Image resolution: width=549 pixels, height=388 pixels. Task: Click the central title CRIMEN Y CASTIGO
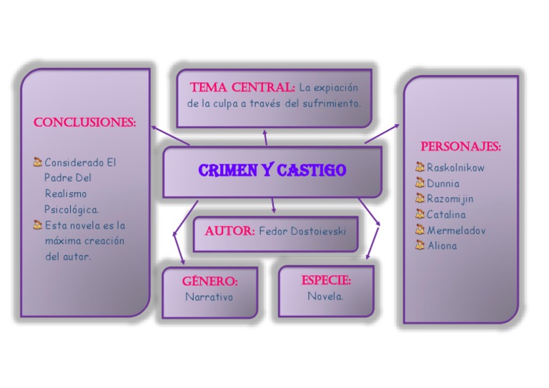[x=272, y=171]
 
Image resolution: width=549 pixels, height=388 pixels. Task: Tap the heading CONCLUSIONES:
[x=84, y=122]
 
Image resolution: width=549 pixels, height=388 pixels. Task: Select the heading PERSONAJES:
[x=460, y=146]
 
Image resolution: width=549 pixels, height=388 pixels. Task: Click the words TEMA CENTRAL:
[x=242, y=88]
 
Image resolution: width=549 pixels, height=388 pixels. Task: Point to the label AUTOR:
[x=229, y=232]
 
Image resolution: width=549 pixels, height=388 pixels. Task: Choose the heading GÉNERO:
[x=209, y=281]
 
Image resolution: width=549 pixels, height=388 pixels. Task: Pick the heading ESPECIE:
[x=326, y=280]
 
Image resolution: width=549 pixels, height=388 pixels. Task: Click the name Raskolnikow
[x=455, y=168]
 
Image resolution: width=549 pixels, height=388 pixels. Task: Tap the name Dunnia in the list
[x=443, y=184]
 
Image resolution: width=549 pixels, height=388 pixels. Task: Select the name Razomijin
[x=450, y=199]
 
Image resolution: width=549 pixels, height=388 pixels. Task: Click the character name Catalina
[x=446, y=214]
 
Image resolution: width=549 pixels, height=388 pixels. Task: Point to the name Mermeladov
[x=456, y=230]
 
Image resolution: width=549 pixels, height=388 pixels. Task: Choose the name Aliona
[x=442, y=246]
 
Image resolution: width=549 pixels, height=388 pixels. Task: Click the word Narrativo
[x=209, y=297]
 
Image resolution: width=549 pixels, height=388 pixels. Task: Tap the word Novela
[x=325, y=296]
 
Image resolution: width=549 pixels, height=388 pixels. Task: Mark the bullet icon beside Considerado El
[x=38, y=162]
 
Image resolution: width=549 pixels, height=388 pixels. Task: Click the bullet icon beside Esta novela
[x=38, y=225]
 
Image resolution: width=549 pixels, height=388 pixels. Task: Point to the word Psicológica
[x=71, y=209]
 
